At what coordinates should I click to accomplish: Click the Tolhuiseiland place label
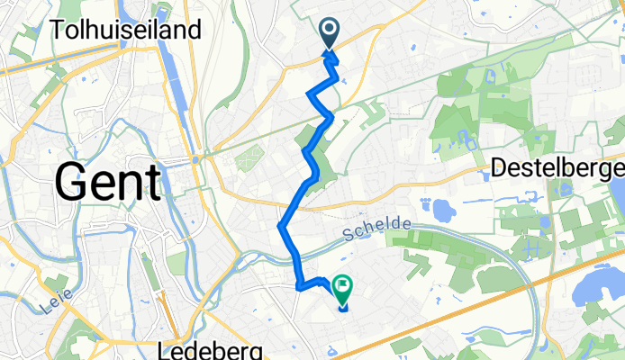coord(125,31)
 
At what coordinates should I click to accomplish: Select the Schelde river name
coord(377,231)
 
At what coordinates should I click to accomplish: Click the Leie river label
coord(56,308)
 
